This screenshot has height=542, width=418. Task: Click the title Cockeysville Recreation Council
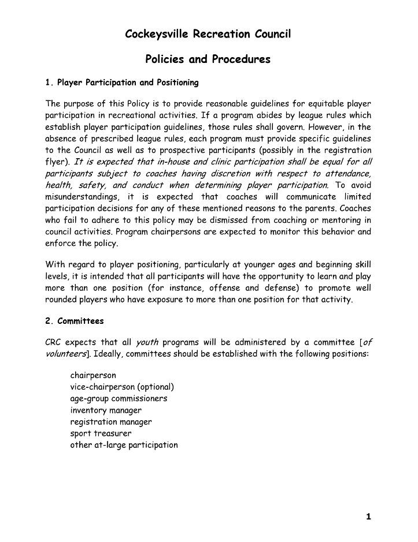pyautogui.click(x=208, y=34)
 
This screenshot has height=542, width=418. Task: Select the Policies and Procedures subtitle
pyautogui.click(x=208, y=59)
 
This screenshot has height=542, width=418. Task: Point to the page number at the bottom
pyautogui.click(x=368, y=517)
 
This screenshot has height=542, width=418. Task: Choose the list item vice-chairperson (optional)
pyautogui.click(x=122, y=387)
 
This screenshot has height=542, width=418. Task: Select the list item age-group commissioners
pyautogui.click(x=119, y=398)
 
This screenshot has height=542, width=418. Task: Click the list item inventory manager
pyautogui.click(x=106, y=410)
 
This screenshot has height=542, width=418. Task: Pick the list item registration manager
pyautogui.click(x=111, y=422)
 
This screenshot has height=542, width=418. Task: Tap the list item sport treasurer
pyautogui.click(x=101, y=433)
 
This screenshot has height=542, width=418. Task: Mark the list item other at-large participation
pyautogui.click(x=124, y=445)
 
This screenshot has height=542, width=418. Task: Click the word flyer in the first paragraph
pyautogui.click(x=57, y=162)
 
